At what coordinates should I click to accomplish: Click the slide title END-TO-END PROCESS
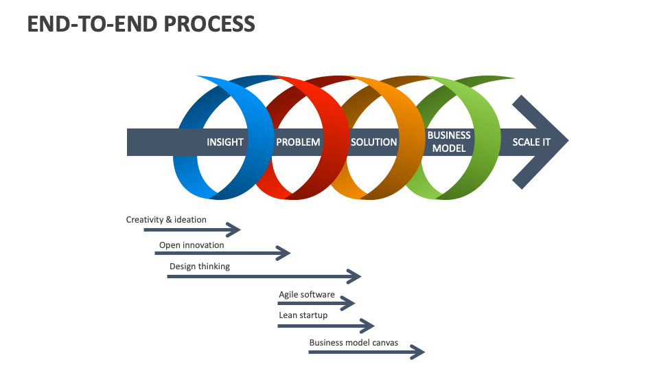click(141, 23)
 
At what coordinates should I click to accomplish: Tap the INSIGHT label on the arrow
click(225, 142)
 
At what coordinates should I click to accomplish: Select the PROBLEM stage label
click(298, 142)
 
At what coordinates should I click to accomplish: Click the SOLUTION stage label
click(373, 142)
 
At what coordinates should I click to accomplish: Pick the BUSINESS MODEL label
click(449, 142)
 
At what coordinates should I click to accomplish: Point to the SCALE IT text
click(531, 142)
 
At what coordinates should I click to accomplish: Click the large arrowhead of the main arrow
click(546, 142)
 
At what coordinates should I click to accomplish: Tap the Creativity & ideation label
click(166, 220)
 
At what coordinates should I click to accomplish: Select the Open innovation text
click(192, 245)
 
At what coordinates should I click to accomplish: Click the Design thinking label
click(199, 266)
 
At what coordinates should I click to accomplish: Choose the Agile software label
click(306, 295)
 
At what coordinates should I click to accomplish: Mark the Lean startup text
click(303, 315)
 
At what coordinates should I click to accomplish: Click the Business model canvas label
click(354, 342)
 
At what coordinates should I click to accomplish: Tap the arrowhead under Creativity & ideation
click(235, 229)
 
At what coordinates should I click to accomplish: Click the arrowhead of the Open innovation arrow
click(284, 254)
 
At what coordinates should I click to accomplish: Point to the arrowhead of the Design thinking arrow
click(354, 276)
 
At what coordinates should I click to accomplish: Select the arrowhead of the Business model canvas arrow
click(418, 352)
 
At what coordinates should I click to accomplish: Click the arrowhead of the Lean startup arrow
click(368, 326)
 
